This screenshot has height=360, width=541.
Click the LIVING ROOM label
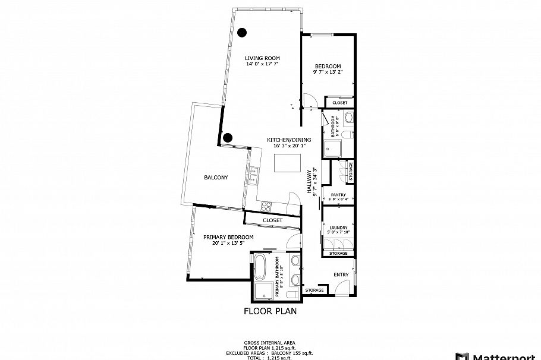262,58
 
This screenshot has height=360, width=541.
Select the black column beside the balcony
227,138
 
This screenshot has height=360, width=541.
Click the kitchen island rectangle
286,163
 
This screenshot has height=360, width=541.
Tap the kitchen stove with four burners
266,207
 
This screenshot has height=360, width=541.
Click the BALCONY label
216,178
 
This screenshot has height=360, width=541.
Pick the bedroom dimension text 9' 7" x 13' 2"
328,72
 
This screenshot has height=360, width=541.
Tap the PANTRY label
338,194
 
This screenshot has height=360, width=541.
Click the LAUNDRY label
338,227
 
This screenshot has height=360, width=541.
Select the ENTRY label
341,274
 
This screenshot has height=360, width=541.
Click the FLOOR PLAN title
270,311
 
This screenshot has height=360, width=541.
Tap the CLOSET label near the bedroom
339,103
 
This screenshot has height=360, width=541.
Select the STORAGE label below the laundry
338,254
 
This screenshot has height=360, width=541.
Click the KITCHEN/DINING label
289,140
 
